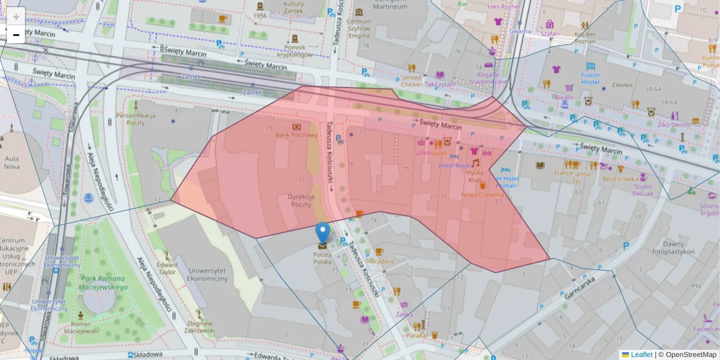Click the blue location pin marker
pos(323,232)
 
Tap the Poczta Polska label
pos(322,258)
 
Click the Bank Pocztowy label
pos(296,136)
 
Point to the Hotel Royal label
pos(455,165)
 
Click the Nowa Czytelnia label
pos(482,195)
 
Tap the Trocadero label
pos(379,261)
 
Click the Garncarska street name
pos(579,287)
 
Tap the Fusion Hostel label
pos(590,78)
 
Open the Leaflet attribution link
pos(641,355)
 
